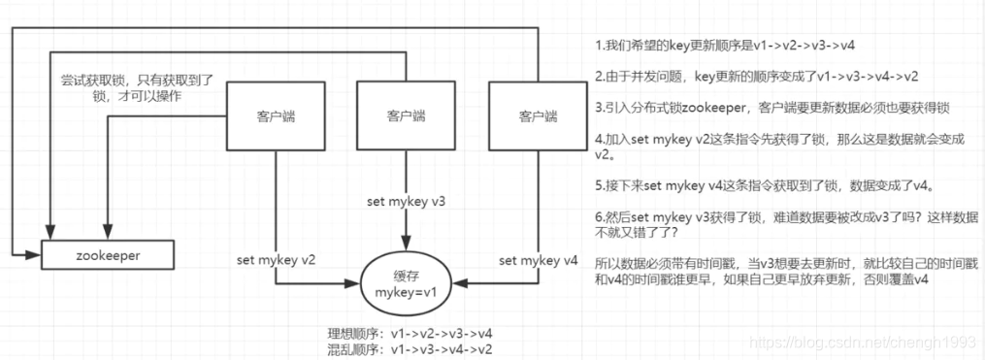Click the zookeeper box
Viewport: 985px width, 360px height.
[107, 256]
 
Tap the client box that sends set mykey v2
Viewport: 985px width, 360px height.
[275, 116]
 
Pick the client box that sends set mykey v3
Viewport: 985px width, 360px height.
[406, 116]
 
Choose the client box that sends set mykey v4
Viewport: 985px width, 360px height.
[538, 116]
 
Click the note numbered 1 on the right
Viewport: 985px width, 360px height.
[724, 46]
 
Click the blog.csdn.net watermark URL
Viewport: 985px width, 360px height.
[867, 342]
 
